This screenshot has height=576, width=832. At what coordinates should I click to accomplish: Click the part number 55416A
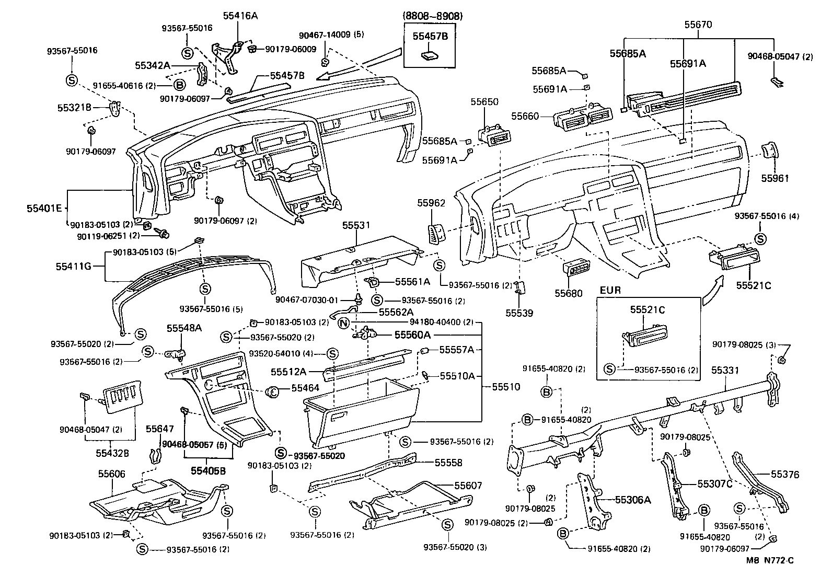[x=240, y=16]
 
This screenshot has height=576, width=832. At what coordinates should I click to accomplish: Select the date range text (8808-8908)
[x=433, y=16]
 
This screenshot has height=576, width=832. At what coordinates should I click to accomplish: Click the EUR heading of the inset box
[x=610, y=290]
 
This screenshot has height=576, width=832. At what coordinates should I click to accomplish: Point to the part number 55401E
[x=44, y=209]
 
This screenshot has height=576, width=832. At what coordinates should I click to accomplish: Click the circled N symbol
[x=343, y=322]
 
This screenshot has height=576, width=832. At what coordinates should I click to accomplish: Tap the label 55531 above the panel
[x=356, y=226]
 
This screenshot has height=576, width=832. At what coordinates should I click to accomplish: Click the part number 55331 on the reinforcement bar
[x=725, y=370]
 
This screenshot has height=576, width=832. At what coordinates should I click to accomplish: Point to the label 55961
[x=775, y=178]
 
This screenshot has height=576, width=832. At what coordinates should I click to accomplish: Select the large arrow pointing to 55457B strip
[x=361, y=65]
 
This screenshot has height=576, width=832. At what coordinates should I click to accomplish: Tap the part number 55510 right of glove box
[x=505, y=387]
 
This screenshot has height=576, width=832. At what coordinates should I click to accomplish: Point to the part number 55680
[x=568, y=294]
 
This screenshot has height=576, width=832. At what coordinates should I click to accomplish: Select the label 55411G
[x=74, y=266]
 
